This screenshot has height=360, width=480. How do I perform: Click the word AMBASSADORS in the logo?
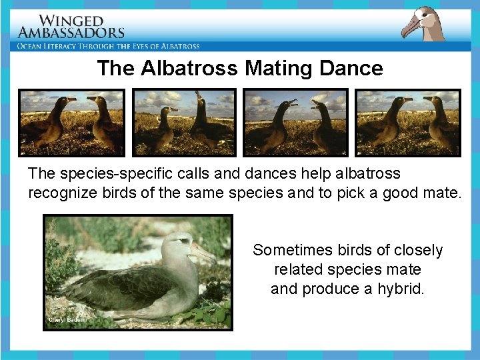coord(71,33)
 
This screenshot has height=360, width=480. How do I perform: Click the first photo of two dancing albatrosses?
coord(71,122)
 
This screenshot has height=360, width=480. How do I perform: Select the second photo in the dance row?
coord(184,122)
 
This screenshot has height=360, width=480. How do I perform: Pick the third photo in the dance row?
coord(296,122)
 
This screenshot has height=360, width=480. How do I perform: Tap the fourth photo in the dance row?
coord(408,122)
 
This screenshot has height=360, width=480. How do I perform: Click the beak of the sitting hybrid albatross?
coord(203,251)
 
